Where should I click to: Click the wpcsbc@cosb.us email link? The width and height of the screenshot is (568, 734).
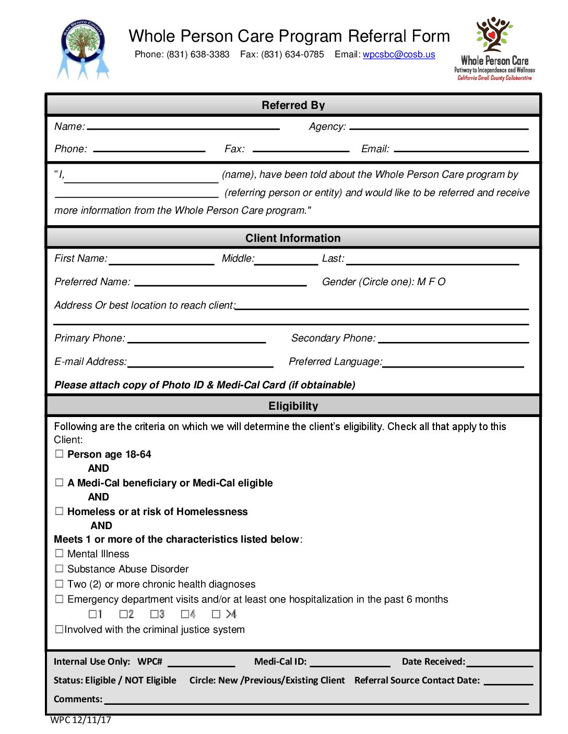[398, 55]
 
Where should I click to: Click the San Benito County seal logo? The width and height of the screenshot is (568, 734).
[83, 50]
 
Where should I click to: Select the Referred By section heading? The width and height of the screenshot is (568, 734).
[293, 105]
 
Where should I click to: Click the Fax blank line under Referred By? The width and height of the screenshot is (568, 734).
[301, 150]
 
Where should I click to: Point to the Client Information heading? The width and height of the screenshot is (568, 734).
[293, 238]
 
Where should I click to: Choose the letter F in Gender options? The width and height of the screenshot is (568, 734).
[431, 282]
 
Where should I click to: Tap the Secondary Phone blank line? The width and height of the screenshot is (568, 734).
[453, 341]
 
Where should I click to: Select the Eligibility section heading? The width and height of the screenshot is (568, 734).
[293, 406]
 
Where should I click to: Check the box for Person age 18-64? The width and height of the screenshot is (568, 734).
[60, 454]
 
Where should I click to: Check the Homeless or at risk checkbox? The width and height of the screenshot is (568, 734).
[60, 511]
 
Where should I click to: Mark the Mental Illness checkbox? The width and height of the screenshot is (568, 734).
[60, 553]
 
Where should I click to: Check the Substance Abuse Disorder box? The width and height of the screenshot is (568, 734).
[60, 568]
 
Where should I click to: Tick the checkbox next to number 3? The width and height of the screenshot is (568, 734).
[154, 614]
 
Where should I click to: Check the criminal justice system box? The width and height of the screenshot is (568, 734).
[60, 629]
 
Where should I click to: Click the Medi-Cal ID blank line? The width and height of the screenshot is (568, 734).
[350, 665]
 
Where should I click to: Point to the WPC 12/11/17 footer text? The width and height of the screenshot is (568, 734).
[80, 720]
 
